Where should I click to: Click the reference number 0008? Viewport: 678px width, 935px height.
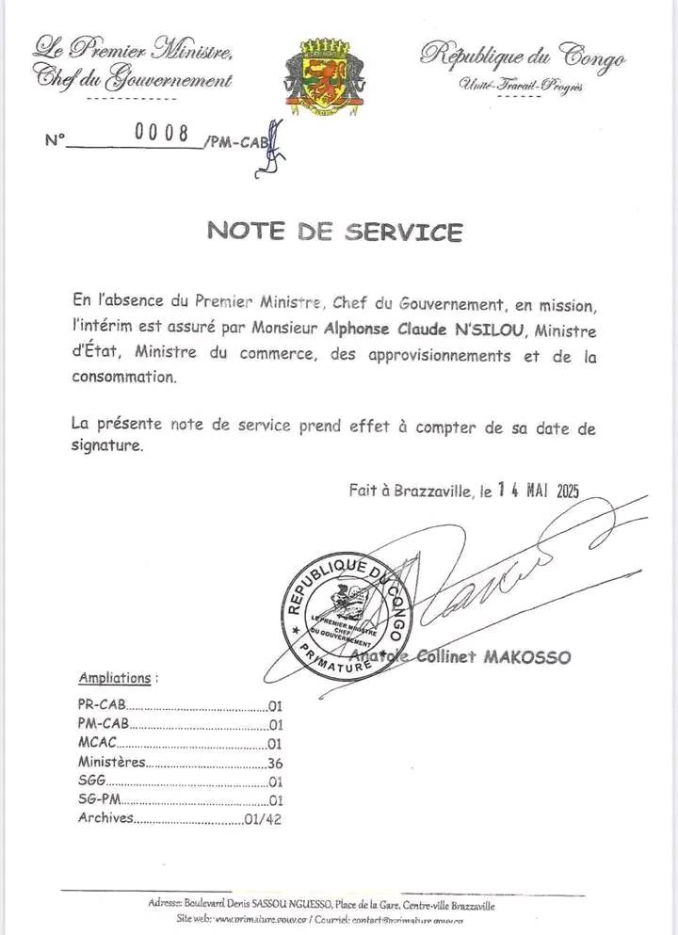tap(162, 133)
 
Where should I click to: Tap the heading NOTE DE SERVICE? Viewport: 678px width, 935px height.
tap(335, 231)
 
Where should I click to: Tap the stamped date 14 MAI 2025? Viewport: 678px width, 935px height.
tap(538, 489)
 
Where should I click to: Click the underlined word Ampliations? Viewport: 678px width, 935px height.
tap(115, 677)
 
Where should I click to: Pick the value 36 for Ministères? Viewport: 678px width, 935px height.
tap(275, 763)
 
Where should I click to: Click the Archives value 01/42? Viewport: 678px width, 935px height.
tap(263, 819)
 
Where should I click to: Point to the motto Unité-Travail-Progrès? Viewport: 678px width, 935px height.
tap(521, 87)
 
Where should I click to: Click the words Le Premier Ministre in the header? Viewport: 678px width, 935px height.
tap(133, 46)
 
